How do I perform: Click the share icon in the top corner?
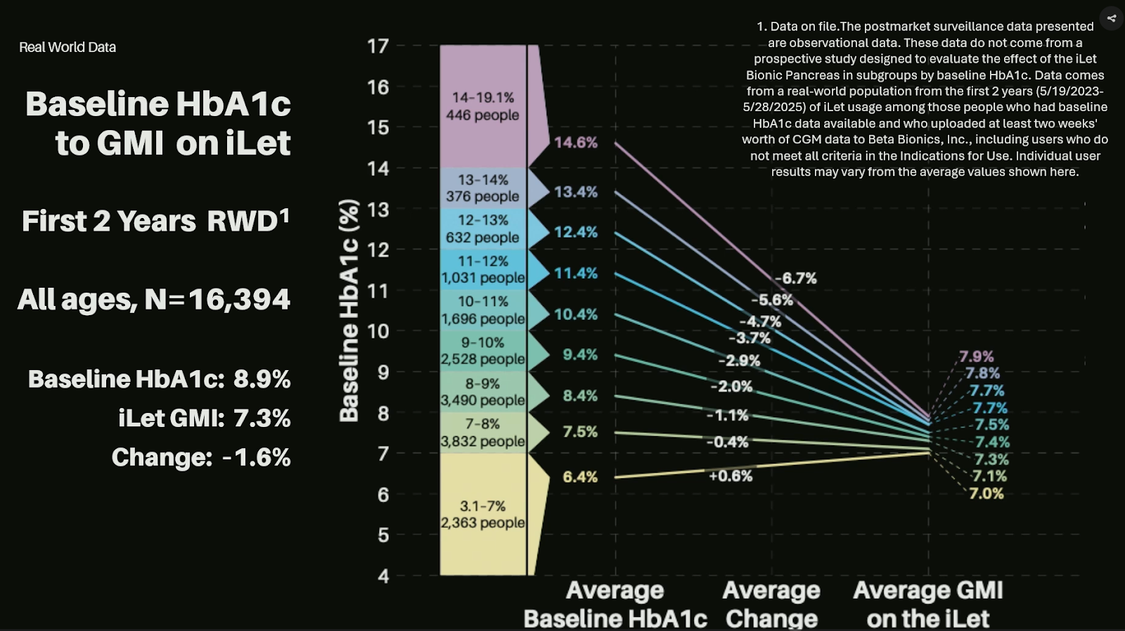(x=1111, y=18)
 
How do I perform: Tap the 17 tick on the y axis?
(x=378, y=46)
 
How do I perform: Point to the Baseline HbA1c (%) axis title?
(x=349, y=310)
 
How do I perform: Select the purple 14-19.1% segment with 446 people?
(x=483, y=106)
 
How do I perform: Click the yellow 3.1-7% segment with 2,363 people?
(x=483, y=514)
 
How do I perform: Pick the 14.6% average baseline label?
(x=575, y=143)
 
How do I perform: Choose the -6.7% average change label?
(x=796, y=279)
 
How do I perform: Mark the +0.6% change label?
(x=731, y=476)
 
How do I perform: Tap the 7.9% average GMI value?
(x=977, y=357)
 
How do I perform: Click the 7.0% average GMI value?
(x=986, y=494)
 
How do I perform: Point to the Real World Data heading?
(x=67, y=47)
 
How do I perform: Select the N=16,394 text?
(x=217, y=300)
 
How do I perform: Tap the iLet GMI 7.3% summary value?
(x=262, y=419)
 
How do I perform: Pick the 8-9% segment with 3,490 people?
(x=483, y=392)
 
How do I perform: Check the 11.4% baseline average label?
(x=575, y=274)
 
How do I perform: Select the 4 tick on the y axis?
(x=383, y=576)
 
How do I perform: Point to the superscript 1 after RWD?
(x=285, y=215)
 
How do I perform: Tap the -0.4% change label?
(x=727, y=442)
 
